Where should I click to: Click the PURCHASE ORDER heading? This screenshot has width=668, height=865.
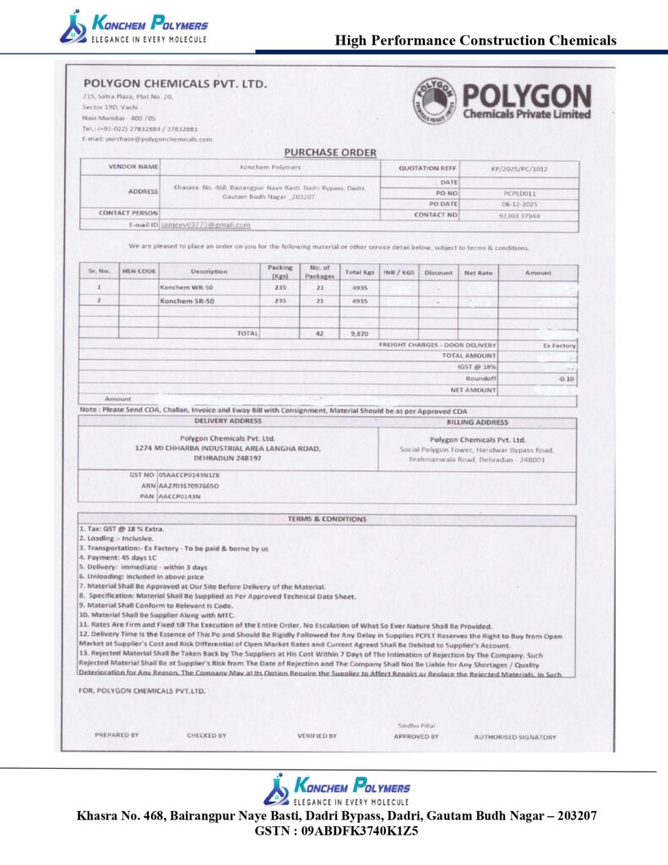click(330, 152)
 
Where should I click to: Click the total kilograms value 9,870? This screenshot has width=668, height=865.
click(359, 334)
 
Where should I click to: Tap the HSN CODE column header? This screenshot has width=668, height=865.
click(138, 272)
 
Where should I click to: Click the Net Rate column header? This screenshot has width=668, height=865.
click(478, 272)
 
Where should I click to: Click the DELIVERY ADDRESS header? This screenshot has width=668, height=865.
click(228, 421)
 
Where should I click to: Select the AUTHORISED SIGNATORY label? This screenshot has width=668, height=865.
click(515, 737)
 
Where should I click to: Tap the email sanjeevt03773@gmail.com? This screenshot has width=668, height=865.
click(206, 226)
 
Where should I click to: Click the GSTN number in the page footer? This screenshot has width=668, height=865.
click(336, 831)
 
